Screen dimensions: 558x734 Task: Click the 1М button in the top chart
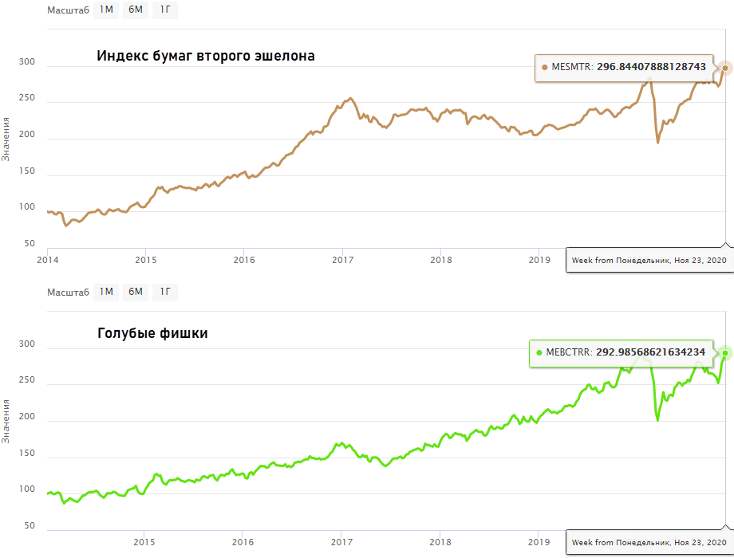point(106,10)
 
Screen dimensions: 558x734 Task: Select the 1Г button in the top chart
point(165,10)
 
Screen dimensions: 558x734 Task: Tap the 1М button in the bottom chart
point(106,292)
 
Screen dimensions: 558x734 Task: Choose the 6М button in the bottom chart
point(136,292)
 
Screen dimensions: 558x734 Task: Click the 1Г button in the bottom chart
point(165,292)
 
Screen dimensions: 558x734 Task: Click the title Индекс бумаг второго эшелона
point(206,57)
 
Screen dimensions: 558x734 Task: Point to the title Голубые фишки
point(152,333)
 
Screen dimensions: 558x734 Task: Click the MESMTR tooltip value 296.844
point(651,68)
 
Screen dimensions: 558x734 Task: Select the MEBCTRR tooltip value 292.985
point(650,352)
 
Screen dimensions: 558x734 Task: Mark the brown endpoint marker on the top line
point(724,68)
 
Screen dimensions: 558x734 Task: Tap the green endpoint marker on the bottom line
point(724,352)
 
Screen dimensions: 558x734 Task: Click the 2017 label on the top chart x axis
point(343,260)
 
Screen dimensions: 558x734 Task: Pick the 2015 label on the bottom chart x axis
point(144,543)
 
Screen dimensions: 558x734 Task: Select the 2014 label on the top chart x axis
point(48,260)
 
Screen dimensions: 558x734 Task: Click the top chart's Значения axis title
point(6,139)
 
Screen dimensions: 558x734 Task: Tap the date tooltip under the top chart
point(649,260)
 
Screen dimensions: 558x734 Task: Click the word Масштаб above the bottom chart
point(67,292)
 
